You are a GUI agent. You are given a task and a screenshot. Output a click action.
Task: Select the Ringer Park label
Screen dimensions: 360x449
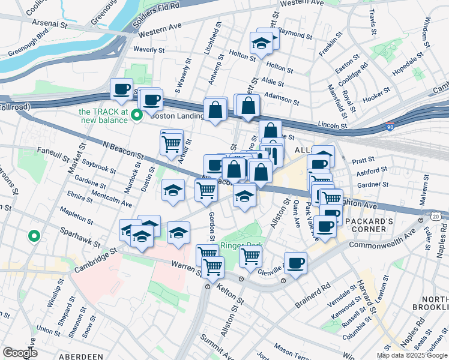(x=242, y=245)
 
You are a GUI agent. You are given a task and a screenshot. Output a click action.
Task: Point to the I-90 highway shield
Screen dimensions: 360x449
(x=390, y=128)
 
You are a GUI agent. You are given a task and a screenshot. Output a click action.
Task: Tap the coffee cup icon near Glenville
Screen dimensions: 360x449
(x=295, y=262)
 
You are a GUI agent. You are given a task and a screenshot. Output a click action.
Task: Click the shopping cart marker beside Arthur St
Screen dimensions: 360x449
(x=171, y=143)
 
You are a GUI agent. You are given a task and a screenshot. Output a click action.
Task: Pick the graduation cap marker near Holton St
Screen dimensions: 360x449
(x=261, y=43)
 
